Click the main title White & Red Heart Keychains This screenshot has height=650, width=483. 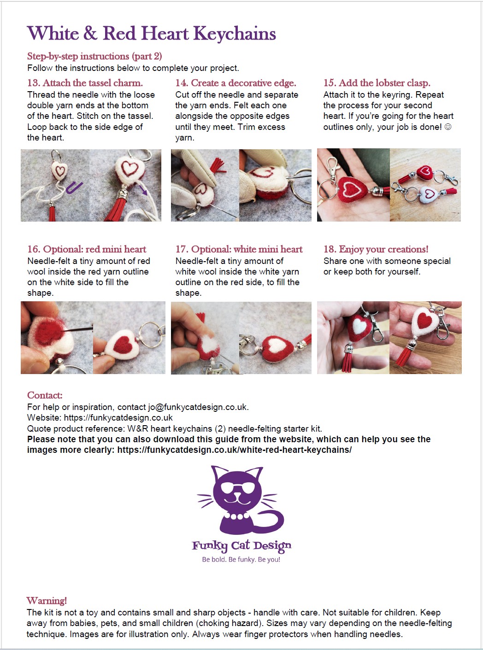(x=151, y=34)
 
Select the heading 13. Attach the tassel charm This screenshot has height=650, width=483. (x=85, y=83)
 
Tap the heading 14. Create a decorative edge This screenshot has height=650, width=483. (x=236, y=83)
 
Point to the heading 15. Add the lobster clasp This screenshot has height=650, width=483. (x=377, y=83)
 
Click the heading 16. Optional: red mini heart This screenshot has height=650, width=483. (x=87, y=249)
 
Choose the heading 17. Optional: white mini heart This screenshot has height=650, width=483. (x=239, y=249)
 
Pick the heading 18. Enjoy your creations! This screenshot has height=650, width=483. (x=376, y=249)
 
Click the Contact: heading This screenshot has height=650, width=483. (x=45, y=395)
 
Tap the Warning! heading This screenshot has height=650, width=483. (x=47, y=601)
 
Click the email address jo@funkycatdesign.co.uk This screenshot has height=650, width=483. (x=198, y=407)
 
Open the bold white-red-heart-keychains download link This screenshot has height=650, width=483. (x=234, y=450)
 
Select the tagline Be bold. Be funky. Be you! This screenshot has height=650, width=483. (x=241, y=560)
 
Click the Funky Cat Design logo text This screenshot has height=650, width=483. (x=241, y=546)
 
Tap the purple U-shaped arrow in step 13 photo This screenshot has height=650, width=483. (x=74, y=188)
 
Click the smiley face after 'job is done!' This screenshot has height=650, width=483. (x=448, y=127)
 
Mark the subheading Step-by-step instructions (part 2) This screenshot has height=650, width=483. (x=94, y=56)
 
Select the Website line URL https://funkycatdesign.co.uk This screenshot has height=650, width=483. (x=118, y=418)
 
